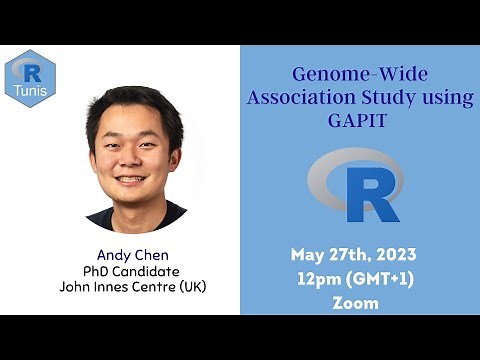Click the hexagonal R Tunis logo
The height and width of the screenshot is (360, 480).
[30, 78]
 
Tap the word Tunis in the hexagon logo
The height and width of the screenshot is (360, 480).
[30, 92]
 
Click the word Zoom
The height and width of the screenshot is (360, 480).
[356, 302]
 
